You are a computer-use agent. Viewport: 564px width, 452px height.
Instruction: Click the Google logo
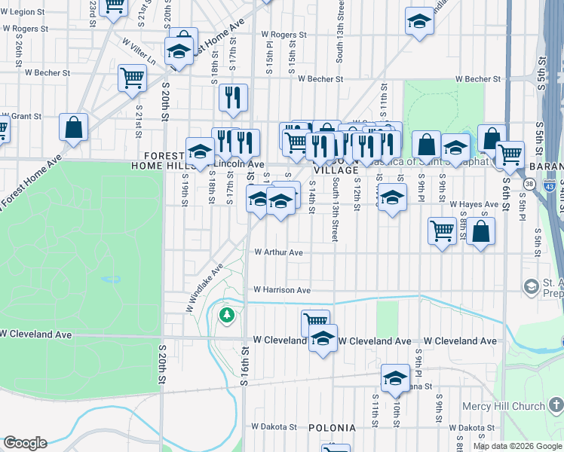coord(25,443)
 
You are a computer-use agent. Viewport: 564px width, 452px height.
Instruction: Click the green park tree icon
coord(226,315)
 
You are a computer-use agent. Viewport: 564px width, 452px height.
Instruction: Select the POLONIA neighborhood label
coord(332,428)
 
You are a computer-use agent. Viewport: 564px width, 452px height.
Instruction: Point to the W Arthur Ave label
coord(278,252)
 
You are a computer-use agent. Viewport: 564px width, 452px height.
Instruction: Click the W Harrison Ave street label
coord(281,289)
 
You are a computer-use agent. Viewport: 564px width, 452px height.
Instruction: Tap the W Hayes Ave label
coord(474,204)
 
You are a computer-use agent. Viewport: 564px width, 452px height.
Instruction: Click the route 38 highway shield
coord(529,183)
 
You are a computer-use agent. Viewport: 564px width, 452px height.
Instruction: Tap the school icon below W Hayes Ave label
coord(391,199)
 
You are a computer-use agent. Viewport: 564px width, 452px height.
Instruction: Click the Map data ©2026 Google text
coord(518,446)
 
